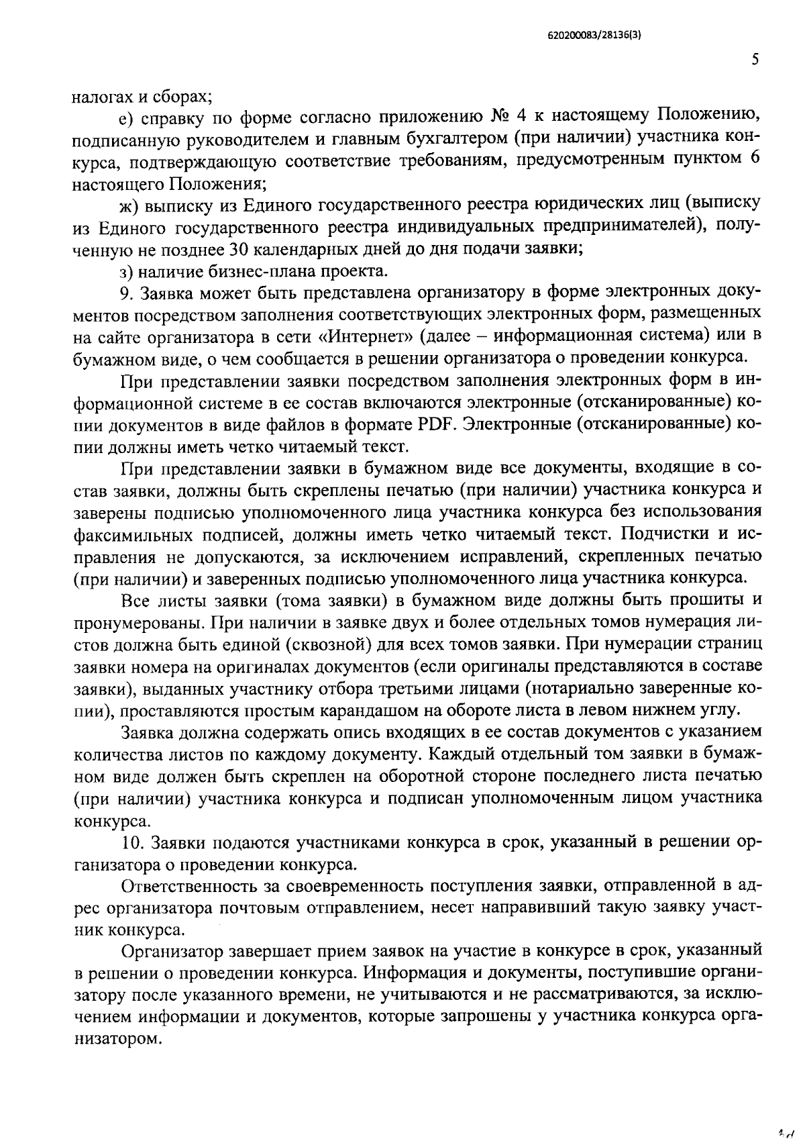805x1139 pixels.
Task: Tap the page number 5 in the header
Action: pyautogui.click(x=755, y=60)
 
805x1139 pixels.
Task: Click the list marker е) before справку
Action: pyautogui.click(x=127, y=118)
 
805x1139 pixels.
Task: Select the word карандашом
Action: pyautogui.click(x=371, y=709)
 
